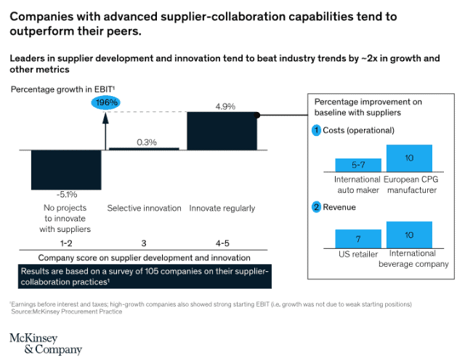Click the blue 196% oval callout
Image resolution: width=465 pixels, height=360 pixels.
click(107, 103)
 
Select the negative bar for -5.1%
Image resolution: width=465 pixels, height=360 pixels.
click(66, 169)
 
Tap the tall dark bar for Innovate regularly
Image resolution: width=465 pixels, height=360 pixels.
click(222, 131)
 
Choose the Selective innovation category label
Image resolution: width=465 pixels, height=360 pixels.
click(144, 208)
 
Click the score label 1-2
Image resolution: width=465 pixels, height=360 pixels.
click(65, 242)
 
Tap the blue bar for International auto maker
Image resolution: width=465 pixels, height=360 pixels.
click(357, 164)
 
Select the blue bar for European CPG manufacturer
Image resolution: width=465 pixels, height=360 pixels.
click(409, 158)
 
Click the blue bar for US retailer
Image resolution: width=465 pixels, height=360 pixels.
click(357, 239)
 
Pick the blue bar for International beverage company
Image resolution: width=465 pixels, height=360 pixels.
click(409, 234)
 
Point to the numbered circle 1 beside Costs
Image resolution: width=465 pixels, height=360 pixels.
click(317, 131)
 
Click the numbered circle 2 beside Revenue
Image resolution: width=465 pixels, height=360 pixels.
click(317, 207)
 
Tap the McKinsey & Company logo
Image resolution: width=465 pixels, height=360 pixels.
click(45, 343)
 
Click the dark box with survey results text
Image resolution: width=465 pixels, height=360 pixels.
click(145, 276)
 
